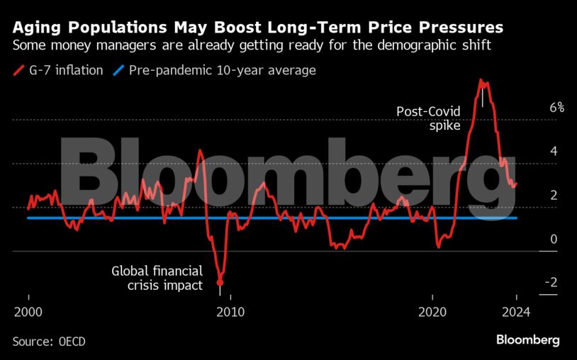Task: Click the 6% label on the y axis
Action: coord(556,108)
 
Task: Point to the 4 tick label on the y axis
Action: coord(554,152)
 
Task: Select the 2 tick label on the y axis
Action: coord(554,196)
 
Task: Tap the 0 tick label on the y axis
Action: coord(554,240)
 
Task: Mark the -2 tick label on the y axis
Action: coord(550,283)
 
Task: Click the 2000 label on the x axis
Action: coord(28,311)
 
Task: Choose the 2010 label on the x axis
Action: coord(230,311)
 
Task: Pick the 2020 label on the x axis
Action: coord(432,311)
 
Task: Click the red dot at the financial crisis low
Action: coord(220,283)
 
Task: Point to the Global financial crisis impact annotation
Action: coord(157,278)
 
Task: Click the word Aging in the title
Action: coord(35,28)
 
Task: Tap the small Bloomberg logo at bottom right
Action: coord(527,340)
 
